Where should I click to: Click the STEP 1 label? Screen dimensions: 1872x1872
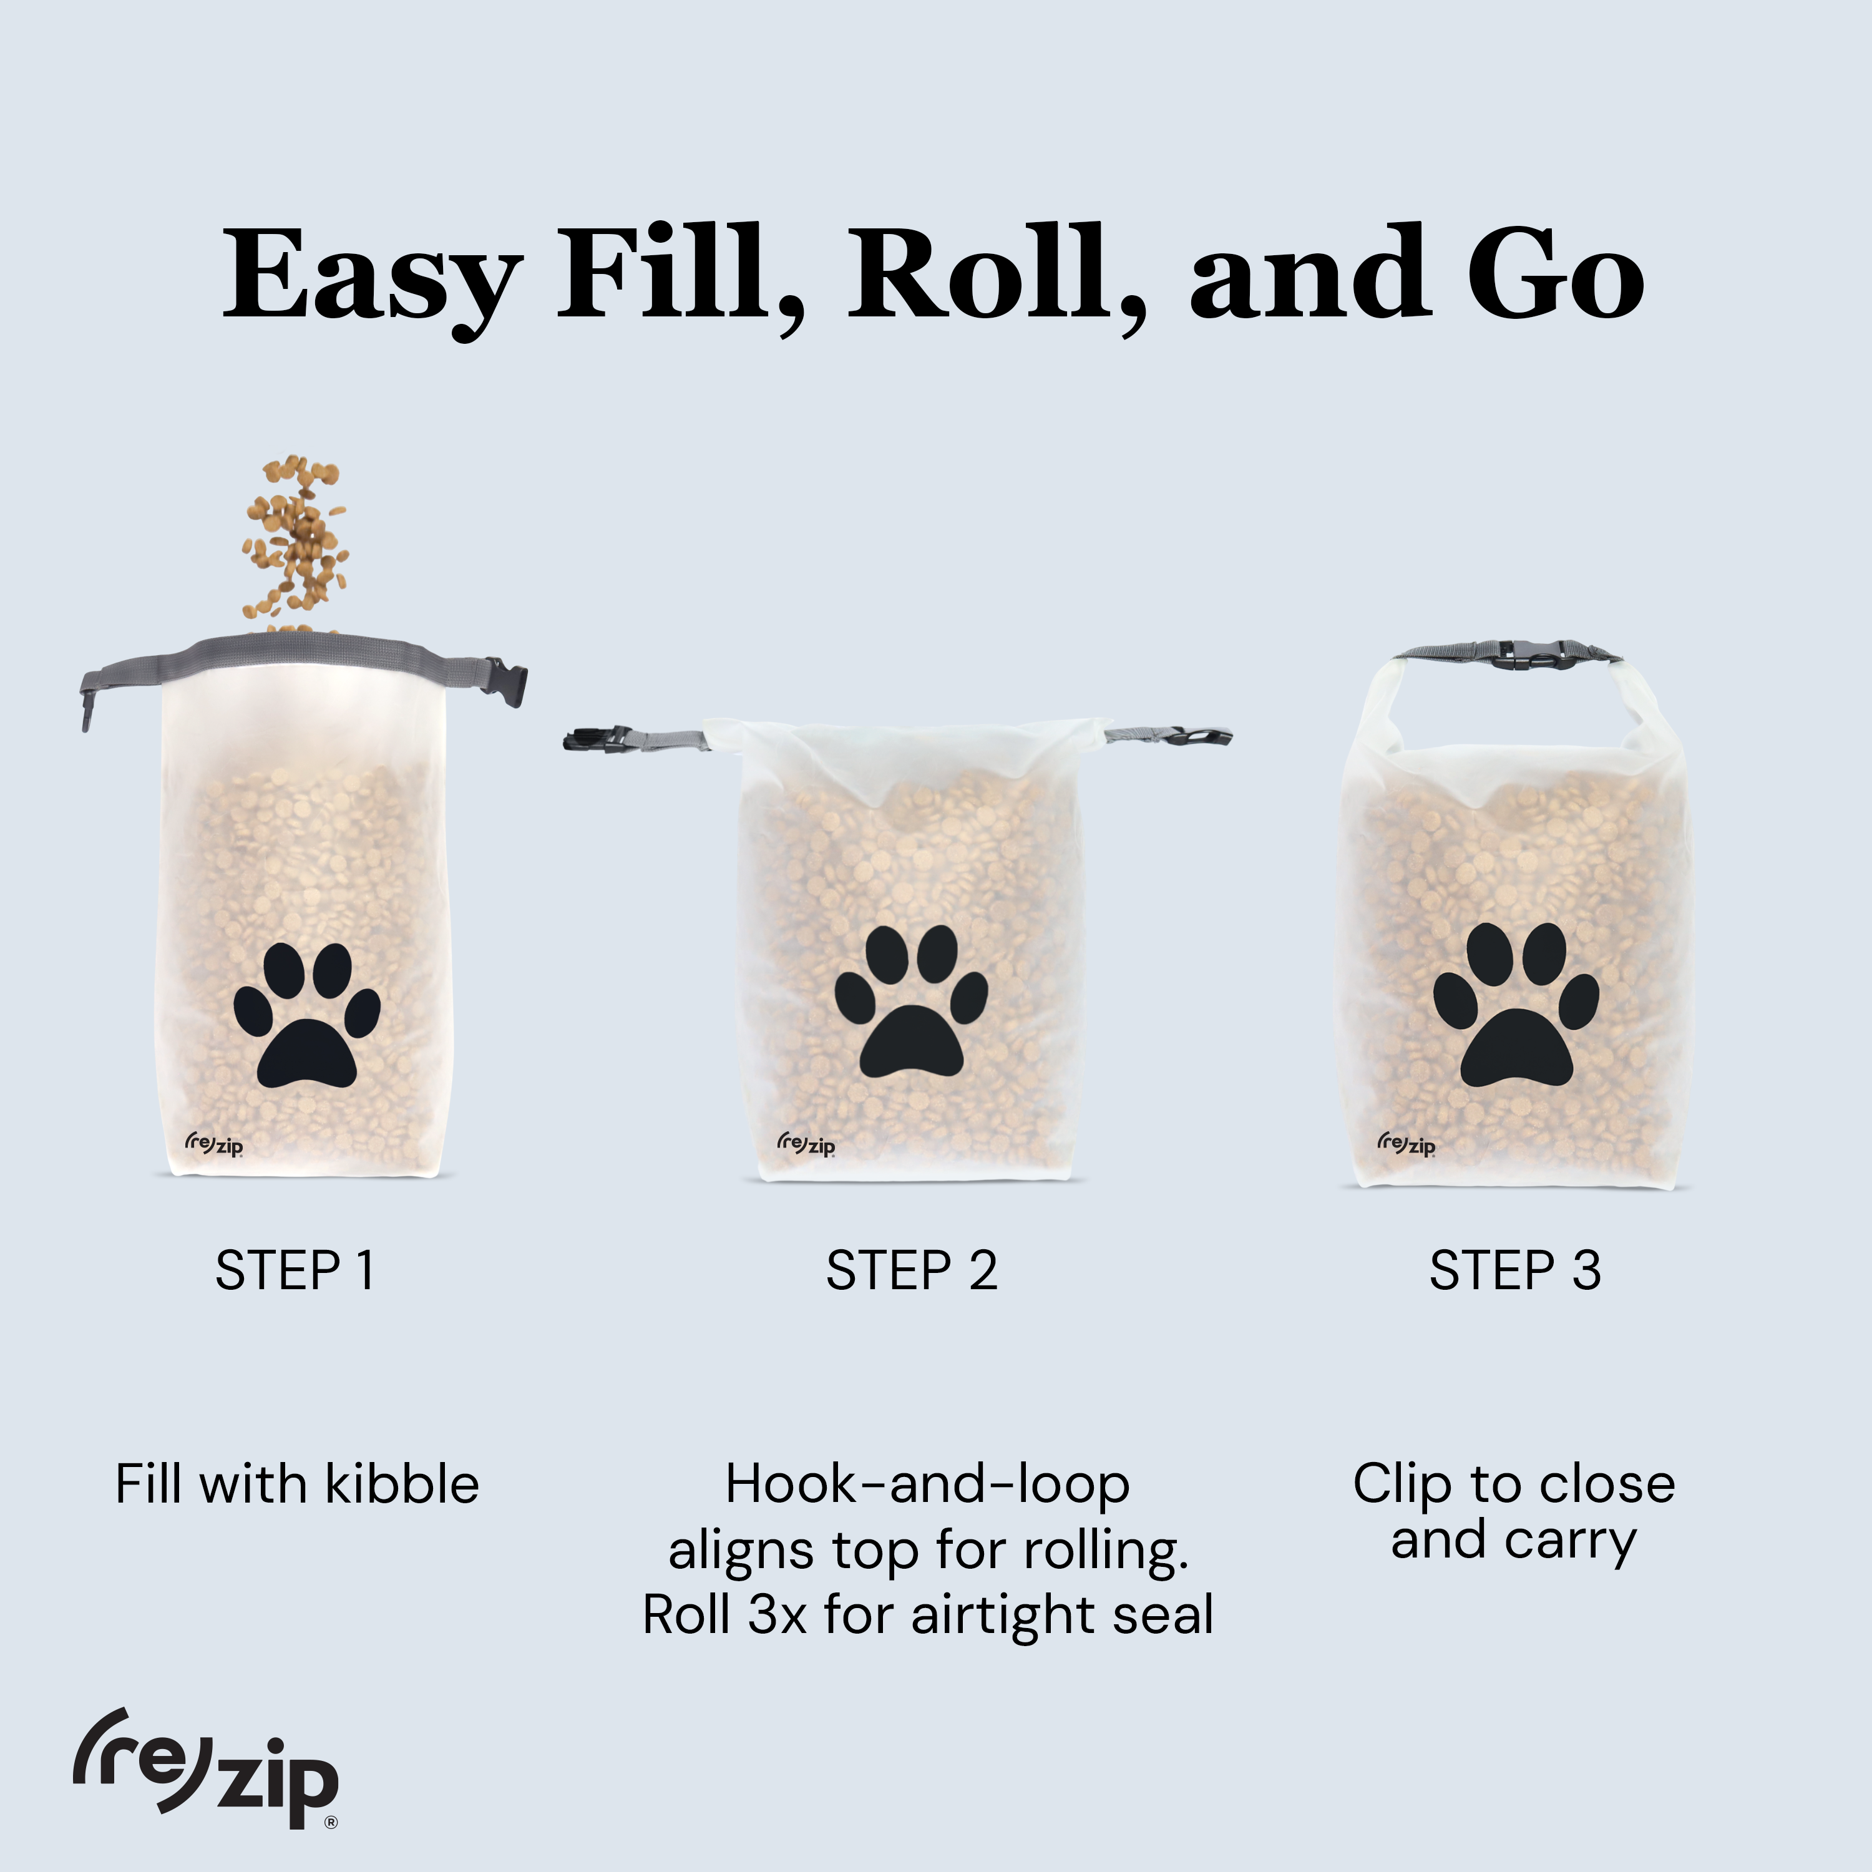pyautogui.click(x=295, y=1270)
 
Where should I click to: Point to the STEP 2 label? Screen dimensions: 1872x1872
pyautogui.click(x=911, y=1270)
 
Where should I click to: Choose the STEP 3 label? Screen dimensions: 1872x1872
pyautogui.click(x=1514, y=1270)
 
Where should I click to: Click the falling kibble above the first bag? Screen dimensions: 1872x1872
pyautogui.click(x=296, y=538)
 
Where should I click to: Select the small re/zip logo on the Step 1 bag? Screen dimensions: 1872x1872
pyautogui.click(x=213, y=1144)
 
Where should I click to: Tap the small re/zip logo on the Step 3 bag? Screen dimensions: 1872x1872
pyautogui.click(x=1406, y=1144)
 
